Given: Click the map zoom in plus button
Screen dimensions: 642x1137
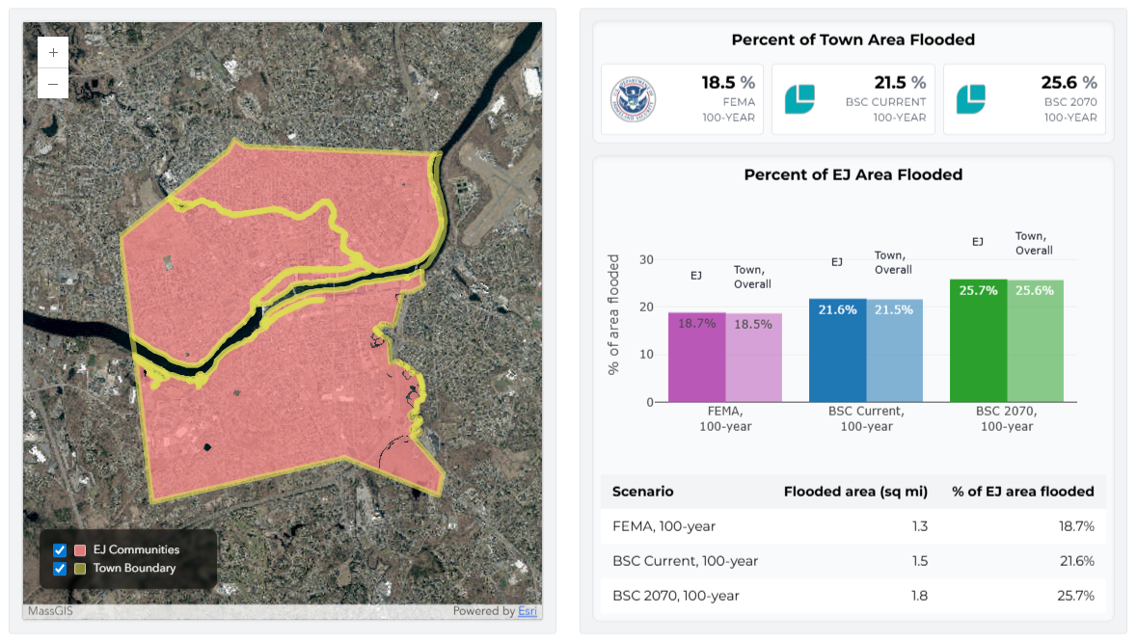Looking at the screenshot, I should click(52, 53).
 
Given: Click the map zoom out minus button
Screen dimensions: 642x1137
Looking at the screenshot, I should click(52, 84).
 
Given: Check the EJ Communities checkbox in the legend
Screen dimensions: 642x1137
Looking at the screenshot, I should click(60, 549).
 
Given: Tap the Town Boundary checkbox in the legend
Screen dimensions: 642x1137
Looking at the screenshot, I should click(60, 568).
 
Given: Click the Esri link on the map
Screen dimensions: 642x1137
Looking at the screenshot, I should click(528, 611).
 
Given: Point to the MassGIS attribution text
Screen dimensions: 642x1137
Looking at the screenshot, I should click(49, 611).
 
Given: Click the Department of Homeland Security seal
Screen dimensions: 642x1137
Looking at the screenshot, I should click(633, 99).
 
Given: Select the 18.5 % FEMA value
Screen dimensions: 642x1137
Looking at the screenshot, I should click(728, 83).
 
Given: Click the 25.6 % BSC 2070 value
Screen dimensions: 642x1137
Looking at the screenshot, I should click(1069, 83).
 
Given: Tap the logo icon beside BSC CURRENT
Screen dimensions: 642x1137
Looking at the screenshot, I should click(799, 99).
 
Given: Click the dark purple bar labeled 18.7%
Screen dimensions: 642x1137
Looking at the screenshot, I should click(696, 357).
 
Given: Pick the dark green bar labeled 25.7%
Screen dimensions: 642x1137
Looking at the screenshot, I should click(978, 340).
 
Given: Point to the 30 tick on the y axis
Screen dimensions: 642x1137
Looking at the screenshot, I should click(646, 260).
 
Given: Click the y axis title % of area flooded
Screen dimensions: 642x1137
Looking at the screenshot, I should click(614, 315).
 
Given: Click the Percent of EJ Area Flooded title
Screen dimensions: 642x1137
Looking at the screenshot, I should click(853, 174).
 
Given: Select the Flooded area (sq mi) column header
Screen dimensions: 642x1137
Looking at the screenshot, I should click(855, 492).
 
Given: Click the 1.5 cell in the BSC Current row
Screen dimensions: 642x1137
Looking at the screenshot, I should click(918, 561).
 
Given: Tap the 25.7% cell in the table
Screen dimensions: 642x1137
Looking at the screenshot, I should click(1075, 596).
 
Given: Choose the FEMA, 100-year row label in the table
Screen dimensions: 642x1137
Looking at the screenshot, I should click(663, 526).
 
